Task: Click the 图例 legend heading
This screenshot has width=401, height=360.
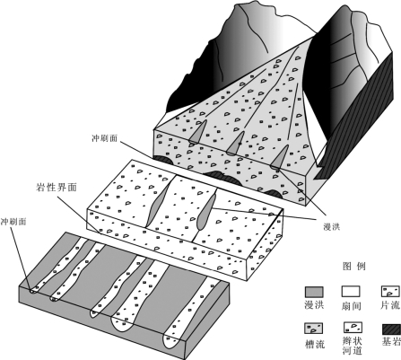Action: pyautogui.click(x=354, y=267)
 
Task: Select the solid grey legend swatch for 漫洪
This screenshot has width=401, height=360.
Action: pyautogui.click(x=314, y=292)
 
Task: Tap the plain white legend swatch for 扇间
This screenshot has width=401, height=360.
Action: pyautogui.click(x=351, y=292)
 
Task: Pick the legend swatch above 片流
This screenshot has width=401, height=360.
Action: pyautogui.click(x=390, y=291)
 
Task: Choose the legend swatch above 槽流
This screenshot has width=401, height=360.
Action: pyautogui.click(x=314, y=329)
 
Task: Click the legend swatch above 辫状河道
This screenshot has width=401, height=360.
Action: pyautogui.click(x=353, y=328)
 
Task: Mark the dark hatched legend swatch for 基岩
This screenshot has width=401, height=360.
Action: pyautogui.click(x=391, y=329)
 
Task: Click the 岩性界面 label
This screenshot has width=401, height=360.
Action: pyautogui.click(x=57, y=188)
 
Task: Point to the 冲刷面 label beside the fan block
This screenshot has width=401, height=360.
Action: pyautogui.click(x=105, y=138)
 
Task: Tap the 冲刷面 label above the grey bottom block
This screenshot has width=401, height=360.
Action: pyautogui.click(x=13, y=222)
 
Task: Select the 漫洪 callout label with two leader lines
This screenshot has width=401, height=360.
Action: pyautogui.click(x=332, y=227)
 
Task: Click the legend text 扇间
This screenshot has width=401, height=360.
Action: pyautogui.click(x=351, y=306)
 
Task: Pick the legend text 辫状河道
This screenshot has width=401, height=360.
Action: pyautogui.click(x=353, y=346)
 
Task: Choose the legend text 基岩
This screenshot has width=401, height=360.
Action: pyautogui.click(x=391, y=341)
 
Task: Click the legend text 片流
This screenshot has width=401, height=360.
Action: pyautogui.click(x=390, y=305)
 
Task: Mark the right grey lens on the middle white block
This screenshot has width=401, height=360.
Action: pyautogui.click(x=206, y=211)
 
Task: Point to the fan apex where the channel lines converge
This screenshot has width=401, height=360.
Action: pyautogui.click(x=315, y=37)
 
